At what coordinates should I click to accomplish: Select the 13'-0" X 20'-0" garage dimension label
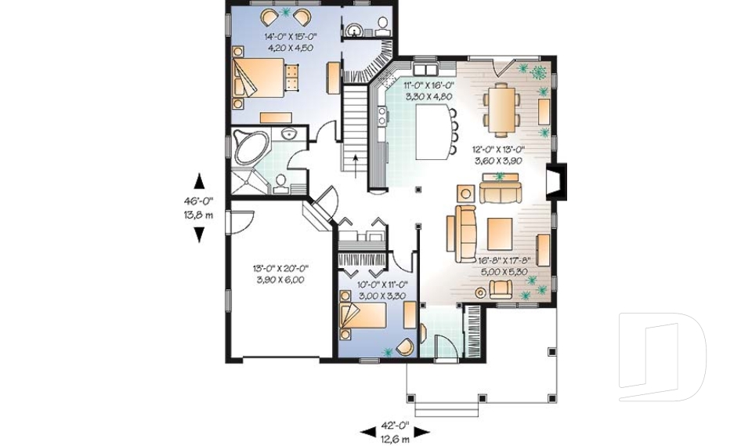click(x=278, y=273)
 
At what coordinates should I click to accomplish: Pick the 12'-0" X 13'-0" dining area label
click(x=498, y=154)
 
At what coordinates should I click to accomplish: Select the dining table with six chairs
click(x=499, y=109)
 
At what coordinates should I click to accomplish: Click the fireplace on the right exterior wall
click(x=555, y=179)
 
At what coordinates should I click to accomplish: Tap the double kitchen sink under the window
click(x=423, y=67)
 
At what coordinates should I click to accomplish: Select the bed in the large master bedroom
click(x=255, y=79)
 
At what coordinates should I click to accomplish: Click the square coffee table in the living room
click(x=499, y=232)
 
